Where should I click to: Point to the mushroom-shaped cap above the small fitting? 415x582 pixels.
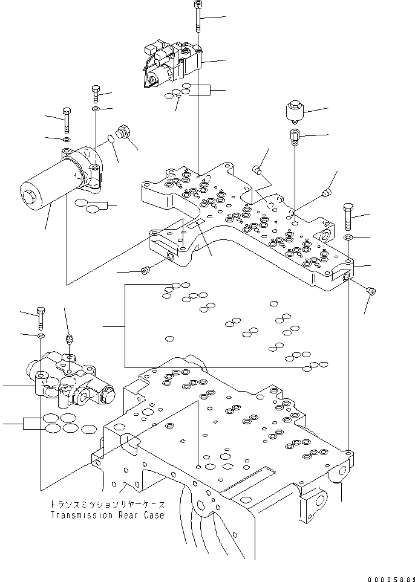pos(294,112)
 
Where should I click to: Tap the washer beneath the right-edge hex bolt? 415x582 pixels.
pos(349,239)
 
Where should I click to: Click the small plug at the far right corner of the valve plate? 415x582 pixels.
pos(371,292)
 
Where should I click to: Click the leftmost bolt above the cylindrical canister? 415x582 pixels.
pos(66,120)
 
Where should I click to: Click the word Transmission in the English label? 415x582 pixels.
pos(74,516)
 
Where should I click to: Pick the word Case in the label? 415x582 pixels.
pos(152,516)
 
